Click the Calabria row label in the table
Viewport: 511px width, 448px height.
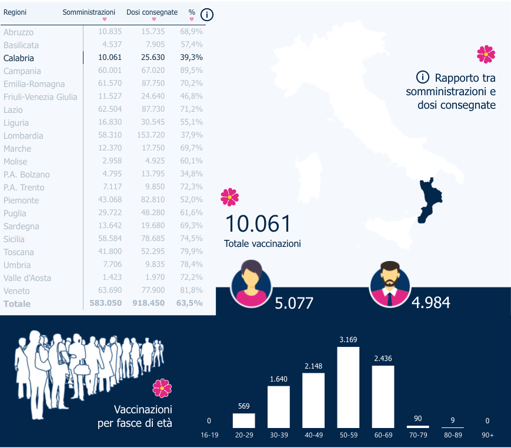pyautogui.click(x=19, y=58)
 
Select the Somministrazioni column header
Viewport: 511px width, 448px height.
pyautogui.click(x=89, y=12)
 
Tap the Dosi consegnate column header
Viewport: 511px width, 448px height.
pyautogui.click(x=152, y=12)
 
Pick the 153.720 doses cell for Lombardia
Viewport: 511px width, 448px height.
pyautogui.click(x=150, y=136)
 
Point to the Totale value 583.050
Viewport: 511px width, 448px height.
pyautogui.click(x=106, y=304)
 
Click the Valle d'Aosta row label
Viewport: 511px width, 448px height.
pyautogui.click(x=27, y=278)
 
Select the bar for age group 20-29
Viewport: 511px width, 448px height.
pyautogui.click(x=244, y=420)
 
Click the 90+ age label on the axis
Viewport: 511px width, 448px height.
pyautogui.click(x=487, y=435)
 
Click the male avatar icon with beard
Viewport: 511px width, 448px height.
pyautogui.click(x=389, y=283)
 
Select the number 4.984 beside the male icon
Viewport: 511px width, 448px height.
pyautogui.click(x=431, y=303)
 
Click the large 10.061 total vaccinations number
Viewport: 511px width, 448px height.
pyautogui.click(x=258, y=224)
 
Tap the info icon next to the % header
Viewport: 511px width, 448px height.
pyautogui.click(x=207, y=15)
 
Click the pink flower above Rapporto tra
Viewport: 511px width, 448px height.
pyautogui.click(x=486, y=55)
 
